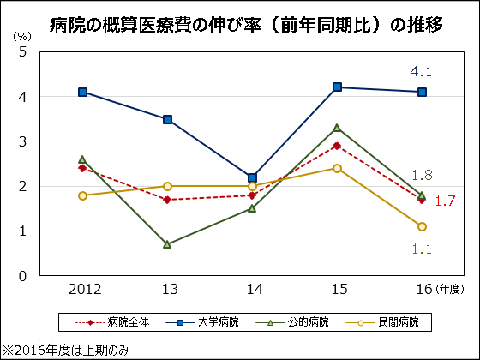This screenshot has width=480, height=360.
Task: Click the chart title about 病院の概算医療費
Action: pos(241,24)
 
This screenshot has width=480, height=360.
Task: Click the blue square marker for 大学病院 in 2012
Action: pos(82,92)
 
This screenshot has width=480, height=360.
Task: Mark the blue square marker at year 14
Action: pos(252,177)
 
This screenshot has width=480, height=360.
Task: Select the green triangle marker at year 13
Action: pos(167,244)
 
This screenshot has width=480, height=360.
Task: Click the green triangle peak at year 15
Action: pos(337,128)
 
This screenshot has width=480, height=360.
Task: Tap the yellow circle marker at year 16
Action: pos(422,226)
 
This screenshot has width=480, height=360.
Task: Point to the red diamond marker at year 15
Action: pos(337,146)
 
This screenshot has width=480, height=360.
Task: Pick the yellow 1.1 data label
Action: pos(422,249)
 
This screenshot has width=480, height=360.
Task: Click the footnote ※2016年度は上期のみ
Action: pos(66,350)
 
